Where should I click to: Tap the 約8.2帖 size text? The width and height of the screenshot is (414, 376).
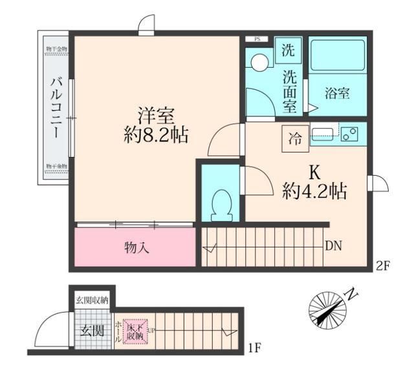156,135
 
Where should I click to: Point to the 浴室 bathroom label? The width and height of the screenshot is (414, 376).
337,93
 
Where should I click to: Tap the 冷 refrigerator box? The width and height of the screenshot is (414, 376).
295,137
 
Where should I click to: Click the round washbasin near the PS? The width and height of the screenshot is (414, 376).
260,63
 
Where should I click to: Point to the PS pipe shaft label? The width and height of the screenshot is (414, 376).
257,39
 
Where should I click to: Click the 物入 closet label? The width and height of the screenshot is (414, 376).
136,247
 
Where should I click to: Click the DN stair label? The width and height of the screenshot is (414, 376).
334,245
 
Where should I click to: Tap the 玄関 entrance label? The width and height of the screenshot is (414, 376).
92,331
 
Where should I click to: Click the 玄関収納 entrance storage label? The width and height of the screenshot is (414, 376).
93,300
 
